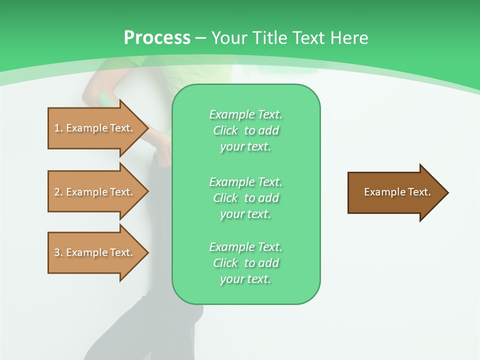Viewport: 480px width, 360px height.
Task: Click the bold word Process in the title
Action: [157, 38]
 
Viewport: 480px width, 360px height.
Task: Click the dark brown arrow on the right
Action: [395, 192]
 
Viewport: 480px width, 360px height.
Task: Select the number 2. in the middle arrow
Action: [58, 192]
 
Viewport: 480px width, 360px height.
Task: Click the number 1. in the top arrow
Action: [58, 128]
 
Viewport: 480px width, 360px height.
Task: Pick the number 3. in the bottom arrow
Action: [58, 252]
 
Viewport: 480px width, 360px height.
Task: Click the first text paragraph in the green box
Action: [245, 130]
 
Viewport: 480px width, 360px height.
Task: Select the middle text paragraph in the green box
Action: [245, 198]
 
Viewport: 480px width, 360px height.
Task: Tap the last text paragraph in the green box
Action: [245, 263]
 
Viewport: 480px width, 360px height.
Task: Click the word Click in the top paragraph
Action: [225, 130]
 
